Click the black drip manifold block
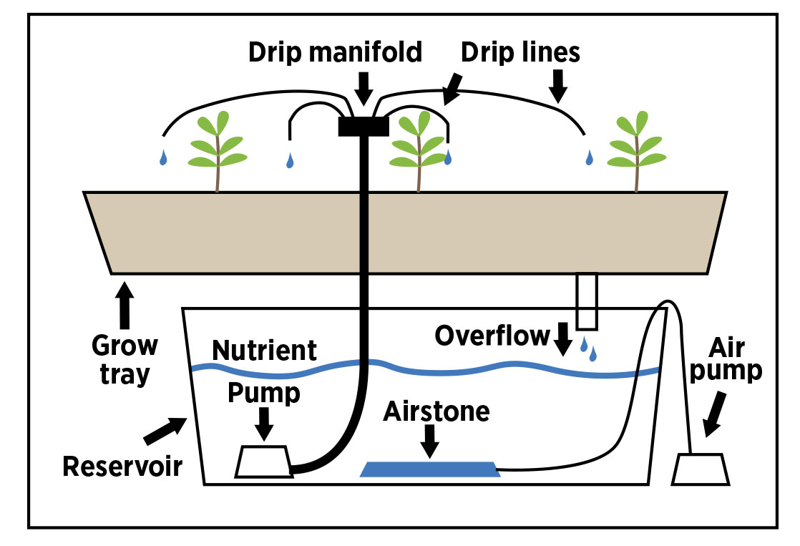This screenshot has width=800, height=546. pyautogui.click(x=363, y=126)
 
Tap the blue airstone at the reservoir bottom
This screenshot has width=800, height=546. pyautogui.click(x=430, y=469)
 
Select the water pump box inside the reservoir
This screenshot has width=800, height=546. pyautogui.click(x=263, y=462)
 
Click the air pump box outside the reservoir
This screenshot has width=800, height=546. pyautogui.click(x=701, y=469)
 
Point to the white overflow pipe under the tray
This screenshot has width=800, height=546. pyautogui.click(x=587, y=301)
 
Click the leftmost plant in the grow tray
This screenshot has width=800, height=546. pyautogui.click(x=217, y=151)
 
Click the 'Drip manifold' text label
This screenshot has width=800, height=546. pyautogui.click(x=335, y=52)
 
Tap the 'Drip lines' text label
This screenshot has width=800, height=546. pyautogui.click(x=520, y=52)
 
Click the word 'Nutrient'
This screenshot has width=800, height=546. pyautogui.click(x=265, y=351)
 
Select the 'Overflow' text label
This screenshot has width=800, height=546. pyautogui.click(x=492, y=335)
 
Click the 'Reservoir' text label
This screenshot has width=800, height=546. pyautogui.click(x=122, y=467)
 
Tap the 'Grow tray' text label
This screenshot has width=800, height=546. pyautogui.click(x=125, y=360)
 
